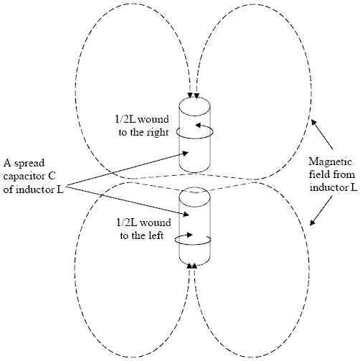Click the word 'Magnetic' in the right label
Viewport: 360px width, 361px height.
[330, 162]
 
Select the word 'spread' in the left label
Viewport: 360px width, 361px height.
[29, 164]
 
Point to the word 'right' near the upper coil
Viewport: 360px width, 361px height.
[157, 133]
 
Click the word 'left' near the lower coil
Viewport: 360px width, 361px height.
[155, 235]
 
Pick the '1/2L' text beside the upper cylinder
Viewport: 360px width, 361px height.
[125, 119]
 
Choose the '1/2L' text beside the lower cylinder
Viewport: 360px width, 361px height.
[127, 222]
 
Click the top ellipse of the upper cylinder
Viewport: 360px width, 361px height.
[195, 98]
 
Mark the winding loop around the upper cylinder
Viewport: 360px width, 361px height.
[195, 138]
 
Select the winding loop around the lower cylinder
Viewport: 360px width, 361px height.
[193, 245]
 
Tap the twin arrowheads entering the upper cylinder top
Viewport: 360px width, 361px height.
[194, 95]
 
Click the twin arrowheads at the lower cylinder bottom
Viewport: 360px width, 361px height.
[192, 266]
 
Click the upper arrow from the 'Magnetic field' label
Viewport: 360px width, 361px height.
[322, 134]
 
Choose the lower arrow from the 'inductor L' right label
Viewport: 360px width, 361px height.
[321, 211]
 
